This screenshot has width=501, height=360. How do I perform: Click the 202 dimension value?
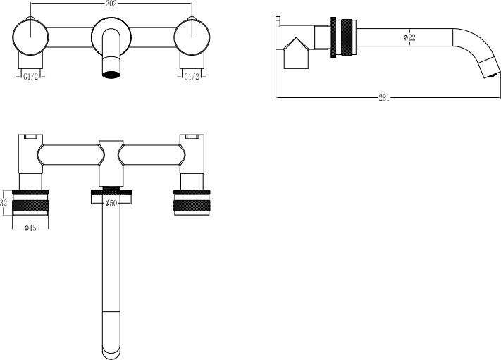click(x=111, y=4)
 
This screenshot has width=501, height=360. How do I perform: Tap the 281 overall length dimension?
click(x=384, y=98)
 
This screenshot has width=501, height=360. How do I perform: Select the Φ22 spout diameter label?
click(x=409, y=37)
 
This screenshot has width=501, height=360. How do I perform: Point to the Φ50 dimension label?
click(x=111, y=203)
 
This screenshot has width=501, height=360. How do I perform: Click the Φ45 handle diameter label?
click(x=30, y=228)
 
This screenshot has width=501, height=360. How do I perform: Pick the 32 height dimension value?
click(x=4, y=203)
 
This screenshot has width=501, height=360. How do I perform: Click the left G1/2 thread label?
click(x=31, y=77)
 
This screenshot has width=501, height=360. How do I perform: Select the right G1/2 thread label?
click(x=192, y=77)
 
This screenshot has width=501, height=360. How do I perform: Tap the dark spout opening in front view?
click(x=111, y=75)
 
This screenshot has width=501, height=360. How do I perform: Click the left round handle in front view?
click(x=30, y=37)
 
